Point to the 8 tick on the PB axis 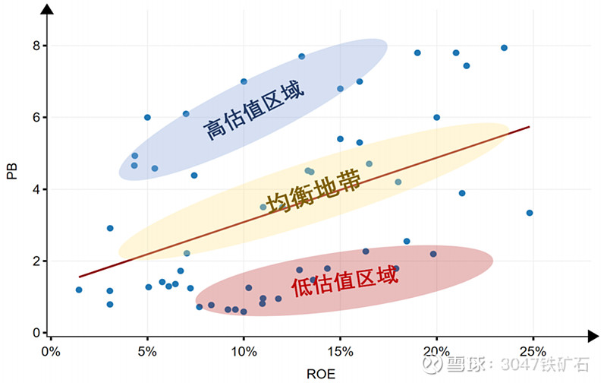tap(35, 46)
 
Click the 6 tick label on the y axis tap(35, 117)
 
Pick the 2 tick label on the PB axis tap(35, 261)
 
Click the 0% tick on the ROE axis tap(51, 352)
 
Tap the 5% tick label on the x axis tap(148, 352)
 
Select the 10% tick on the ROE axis tap(244, 352)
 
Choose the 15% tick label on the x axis tap(340, 352)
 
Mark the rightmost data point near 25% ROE tap(530, 213)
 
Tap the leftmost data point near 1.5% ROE tap(79, 290)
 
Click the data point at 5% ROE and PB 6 tap(147, 117)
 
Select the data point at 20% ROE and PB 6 tap(436, 117)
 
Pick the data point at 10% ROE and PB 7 tap(244, 81)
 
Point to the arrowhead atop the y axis tap(46, 9)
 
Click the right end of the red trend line tap(528, 127)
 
